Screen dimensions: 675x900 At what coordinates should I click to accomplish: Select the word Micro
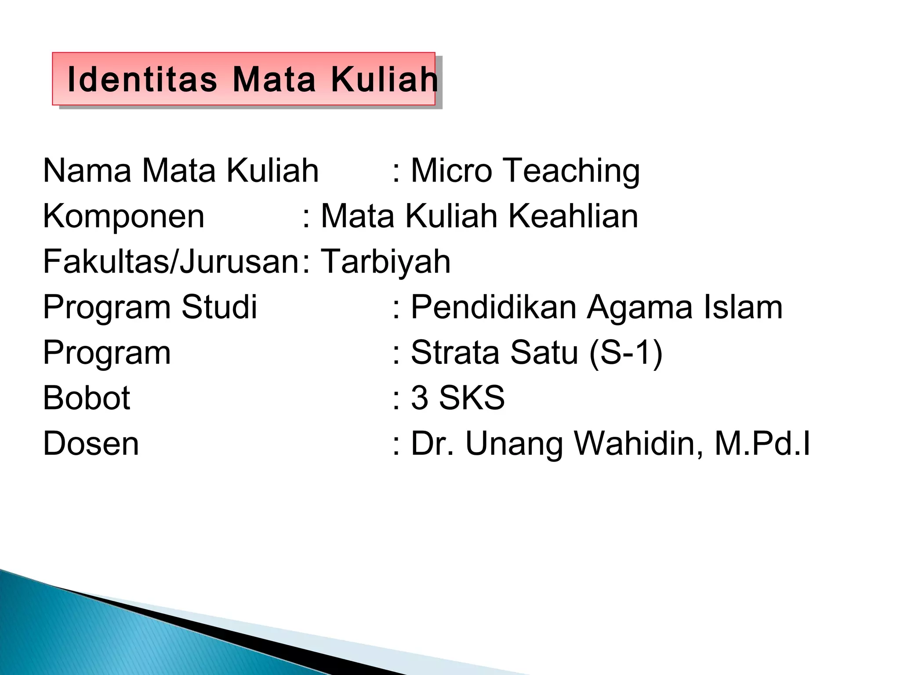tap(451, 171)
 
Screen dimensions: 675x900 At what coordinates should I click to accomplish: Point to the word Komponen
tap(123, 217)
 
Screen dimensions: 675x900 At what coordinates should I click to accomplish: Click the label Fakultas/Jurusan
tap(171, 262)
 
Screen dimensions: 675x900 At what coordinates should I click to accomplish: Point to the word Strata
tap(455, 352)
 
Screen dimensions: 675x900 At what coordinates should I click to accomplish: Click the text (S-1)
tap(625, 353)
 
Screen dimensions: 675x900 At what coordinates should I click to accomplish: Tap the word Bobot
tap(87, 398)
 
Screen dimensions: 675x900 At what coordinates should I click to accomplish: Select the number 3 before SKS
tap(420, 398)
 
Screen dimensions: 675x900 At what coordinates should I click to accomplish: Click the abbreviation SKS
tap(472, 398)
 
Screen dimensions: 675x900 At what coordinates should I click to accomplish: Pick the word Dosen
tap(91, 443)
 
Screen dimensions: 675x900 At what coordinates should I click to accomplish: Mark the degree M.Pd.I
tap(762, 443)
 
